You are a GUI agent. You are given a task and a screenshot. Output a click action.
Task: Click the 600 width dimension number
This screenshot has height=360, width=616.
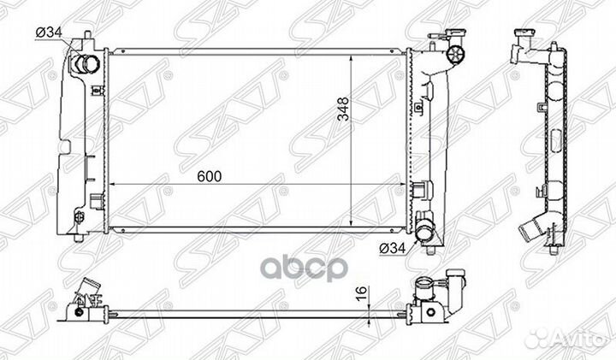(x=210, y=177)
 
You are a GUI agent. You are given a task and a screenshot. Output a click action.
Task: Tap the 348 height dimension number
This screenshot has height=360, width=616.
(x=343, y=109)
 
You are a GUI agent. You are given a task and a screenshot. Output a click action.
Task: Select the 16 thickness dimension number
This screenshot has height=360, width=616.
(x=362, y=293)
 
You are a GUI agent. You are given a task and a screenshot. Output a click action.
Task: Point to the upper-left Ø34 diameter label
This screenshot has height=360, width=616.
(x=49, y=33)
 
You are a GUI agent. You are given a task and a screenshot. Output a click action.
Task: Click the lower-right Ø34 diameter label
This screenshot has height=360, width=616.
(x=393, y=248)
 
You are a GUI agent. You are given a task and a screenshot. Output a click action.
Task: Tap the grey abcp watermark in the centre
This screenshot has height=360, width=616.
(x=305, y=268)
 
